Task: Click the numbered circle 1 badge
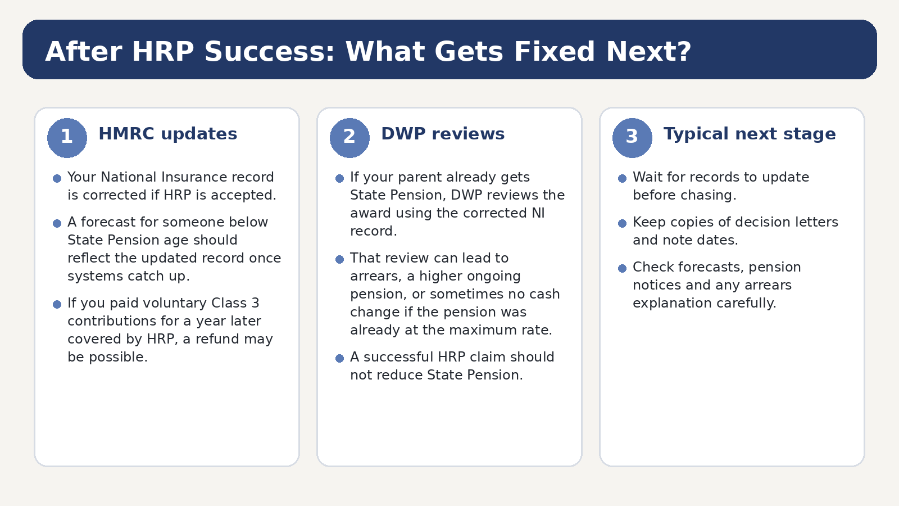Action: (67, 138)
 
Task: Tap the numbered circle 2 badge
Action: (349, 138)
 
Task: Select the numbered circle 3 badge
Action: (632, 138)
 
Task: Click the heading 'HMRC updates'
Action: (168, 134)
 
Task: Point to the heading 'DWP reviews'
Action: (443, 134)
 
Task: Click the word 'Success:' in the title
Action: (270, 52)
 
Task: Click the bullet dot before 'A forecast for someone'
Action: (57, 223)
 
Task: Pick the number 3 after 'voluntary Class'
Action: (255, 303)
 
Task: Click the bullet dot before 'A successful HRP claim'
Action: (339, 358)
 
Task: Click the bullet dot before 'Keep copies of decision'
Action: (622, 223)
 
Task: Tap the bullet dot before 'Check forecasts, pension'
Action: (622, 268)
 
